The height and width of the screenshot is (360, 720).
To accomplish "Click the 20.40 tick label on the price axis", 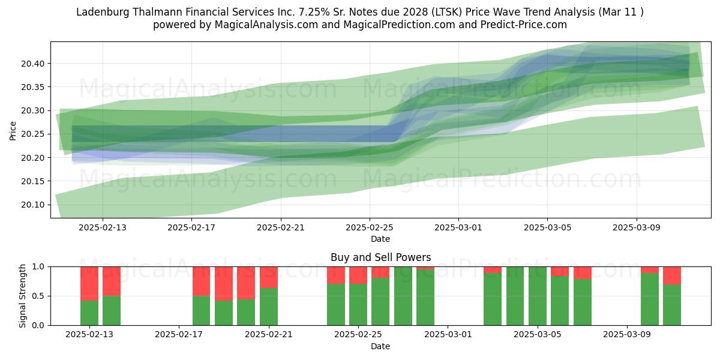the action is coord(32,64).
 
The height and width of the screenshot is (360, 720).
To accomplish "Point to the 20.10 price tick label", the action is coord(32,205).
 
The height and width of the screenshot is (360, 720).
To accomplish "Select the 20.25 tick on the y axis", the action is coord(32,134).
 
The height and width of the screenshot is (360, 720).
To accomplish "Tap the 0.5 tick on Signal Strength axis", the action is coord(38,296).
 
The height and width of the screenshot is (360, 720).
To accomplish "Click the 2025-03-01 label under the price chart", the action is coord(458,227).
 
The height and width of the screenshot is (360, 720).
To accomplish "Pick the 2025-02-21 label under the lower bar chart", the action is coord(269,335).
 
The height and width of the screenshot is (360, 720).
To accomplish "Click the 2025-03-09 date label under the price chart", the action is coord(637,227).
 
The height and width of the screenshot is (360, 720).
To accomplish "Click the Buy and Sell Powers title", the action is coord(380,257).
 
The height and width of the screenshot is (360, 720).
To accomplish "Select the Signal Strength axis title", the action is coord(22,296).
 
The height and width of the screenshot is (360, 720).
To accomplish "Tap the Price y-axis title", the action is coord(13,131).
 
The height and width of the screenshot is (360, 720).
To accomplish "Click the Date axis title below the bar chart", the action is coord(380,347).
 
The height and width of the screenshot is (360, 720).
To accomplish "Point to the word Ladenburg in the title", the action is coord(103,12).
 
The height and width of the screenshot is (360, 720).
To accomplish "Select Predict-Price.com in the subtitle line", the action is coord(524,25).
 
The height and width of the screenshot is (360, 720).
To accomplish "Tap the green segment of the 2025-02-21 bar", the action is coord(269,307).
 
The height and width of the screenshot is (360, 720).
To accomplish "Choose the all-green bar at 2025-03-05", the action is coord(538,296).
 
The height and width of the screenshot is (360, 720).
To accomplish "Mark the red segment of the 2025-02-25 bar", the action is coord(358,275).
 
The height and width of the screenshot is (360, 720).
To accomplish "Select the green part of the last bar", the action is coord(672,305).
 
